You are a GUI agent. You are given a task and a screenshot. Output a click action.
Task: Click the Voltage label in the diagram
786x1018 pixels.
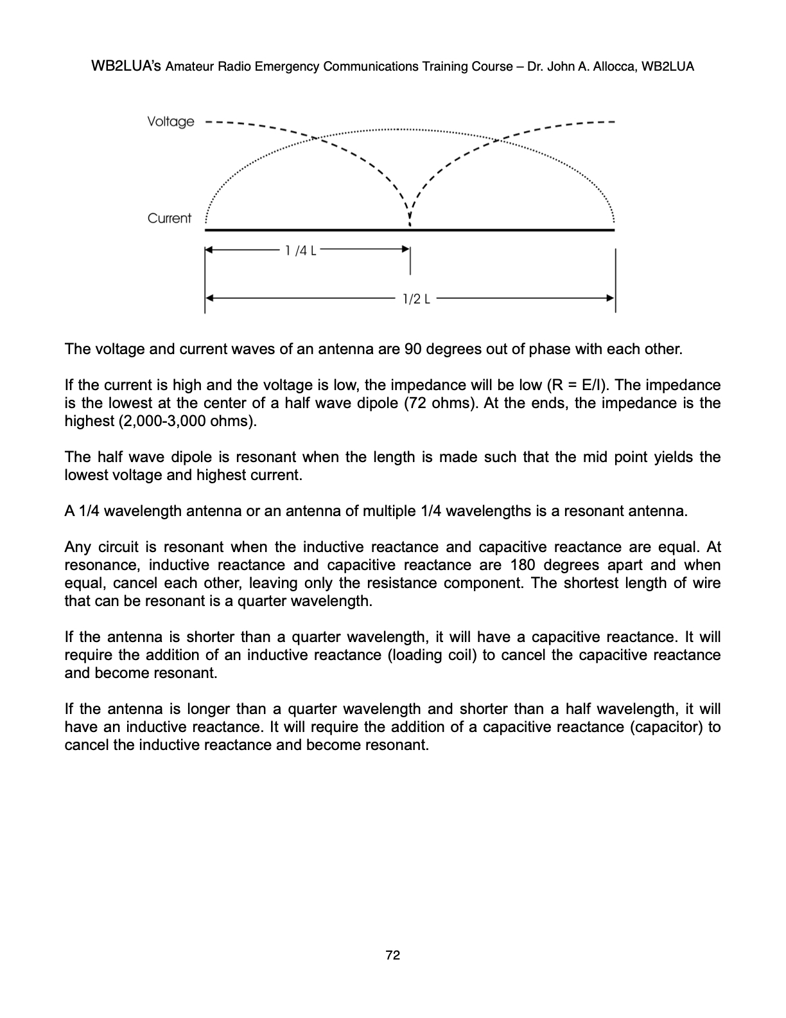coord(170,121)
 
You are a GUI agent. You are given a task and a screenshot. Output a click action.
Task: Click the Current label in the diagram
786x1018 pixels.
coord(169,219)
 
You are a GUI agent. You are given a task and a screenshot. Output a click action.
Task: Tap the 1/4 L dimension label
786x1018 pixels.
coord(300,250)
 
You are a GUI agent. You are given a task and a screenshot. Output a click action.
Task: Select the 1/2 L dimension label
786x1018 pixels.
coord(415,298)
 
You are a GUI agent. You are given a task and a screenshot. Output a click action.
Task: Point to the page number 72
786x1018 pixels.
coord(392,956)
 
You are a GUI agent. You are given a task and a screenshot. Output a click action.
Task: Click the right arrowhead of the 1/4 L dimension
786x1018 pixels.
coord(406,248)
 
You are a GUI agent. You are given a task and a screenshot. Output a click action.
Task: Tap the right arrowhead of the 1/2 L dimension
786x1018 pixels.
coord(611,298)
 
